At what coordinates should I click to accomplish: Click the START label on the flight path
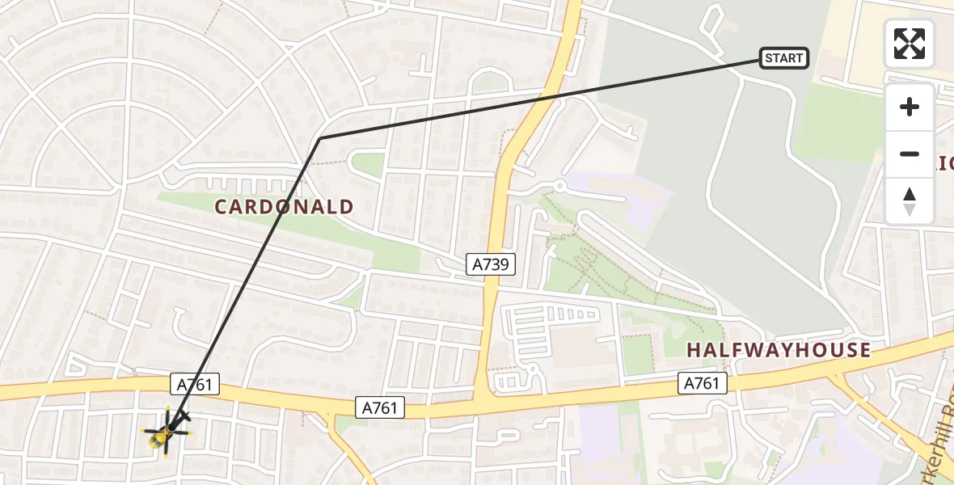click(x=783, y=57)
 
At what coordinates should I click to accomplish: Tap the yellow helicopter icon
click(x=166, y=434)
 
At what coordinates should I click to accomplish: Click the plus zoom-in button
click(x=910, y=107)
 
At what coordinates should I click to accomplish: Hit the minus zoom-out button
click(x=910, y=154)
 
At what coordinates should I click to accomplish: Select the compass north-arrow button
click(x=910, y=201)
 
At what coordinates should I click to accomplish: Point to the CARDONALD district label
click(x=284, y=207)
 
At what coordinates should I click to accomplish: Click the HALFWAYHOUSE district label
click(x=779, y=351)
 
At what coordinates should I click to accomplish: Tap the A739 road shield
click(x=491, y=264)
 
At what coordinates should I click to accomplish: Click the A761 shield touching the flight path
click(x=195, y=384)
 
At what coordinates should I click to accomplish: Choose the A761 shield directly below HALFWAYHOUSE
click(x=701, y=383)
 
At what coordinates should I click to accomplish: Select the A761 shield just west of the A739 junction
click(x=380, y=408)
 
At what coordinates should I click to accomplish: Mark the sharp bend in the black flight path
click(x=320, y=138)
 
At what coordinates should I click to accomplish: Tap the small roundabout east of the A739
click(x=558, y=187)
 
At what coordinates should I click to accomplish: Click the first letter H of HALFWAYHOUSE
click(x=694, y=351)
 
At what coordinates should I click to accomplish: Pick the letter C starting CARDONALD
click(x=221, y=207)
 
